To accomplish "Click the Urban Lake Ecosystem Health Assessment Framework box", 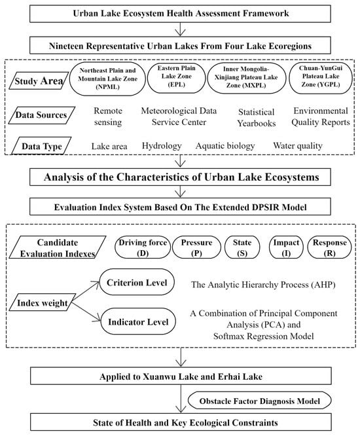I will pos(179,12).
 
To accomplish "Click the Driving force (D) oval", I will pos(141,248).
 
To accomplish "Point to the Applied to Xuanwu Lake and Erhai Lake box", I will pos(179,376).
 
